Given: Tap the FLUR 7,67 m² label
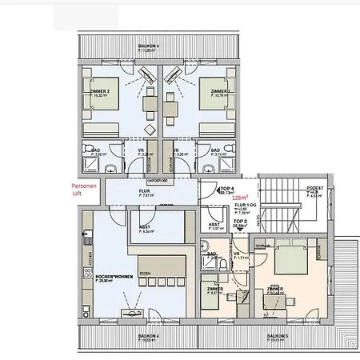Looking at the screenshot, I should tap(146, 193).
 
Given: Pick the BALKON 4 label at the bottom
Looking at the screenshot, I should tap(147, 337).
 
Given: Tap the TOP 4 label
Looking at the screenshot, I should tap(227, 189).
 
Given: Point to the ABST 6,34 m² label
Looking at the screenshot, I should tap(146, 227).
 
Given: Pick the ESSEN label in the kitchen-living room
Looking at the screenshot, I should tap(145, 273).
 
